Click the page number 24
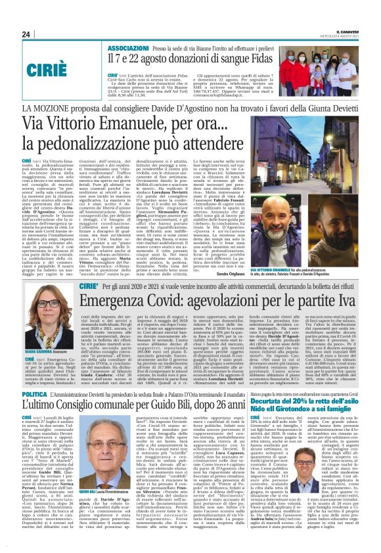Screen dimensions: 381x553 click(x=27, y=34)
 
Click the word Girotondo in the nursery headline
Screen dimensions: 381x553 click(x=300, y=400)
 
